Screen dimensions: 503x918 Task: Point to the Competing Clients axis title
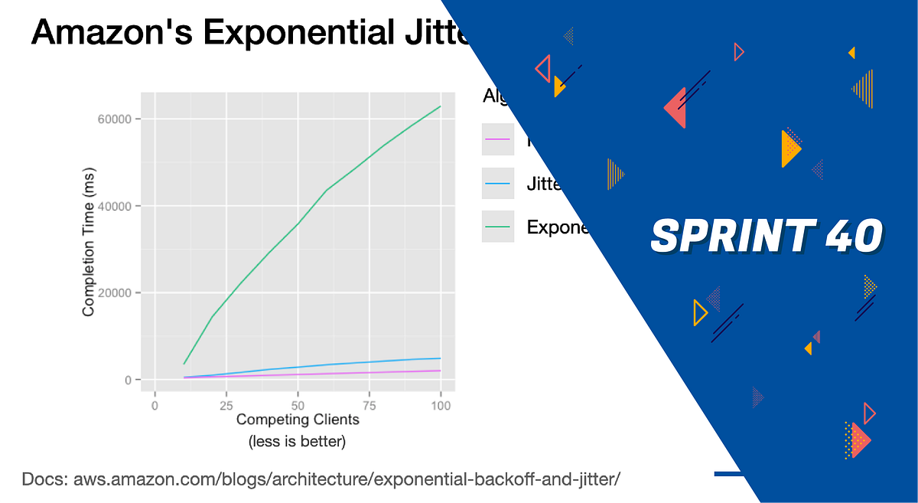click(298, 420)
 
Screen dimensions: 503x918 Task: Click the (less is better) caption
click(298, 442)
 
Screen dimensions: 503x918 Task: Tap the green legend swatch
click(497, 227)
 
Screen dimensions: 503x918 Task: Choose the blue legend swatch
click(497, 184)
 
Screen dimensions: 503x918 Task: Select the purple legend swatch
click(497, 140)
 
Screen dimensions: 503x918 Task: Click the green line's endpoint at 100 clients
click(441, 106)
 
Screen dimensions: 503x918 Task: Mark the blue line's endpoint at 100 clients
click(441, 358)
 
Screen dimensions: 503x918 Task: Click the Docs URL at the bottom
click(321, 480)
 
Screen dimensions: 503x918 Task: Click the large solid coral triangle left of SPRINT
click(676, 108)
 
